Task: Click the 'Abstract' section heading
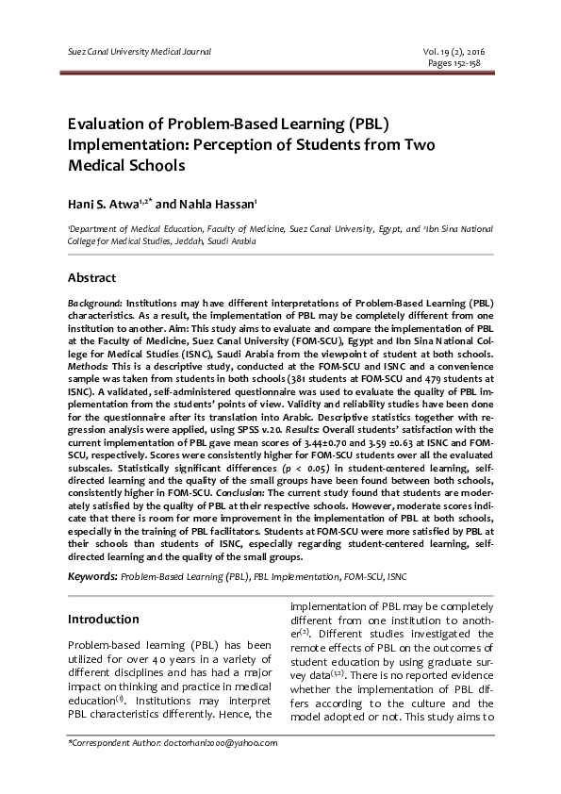tap(91, 278)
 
